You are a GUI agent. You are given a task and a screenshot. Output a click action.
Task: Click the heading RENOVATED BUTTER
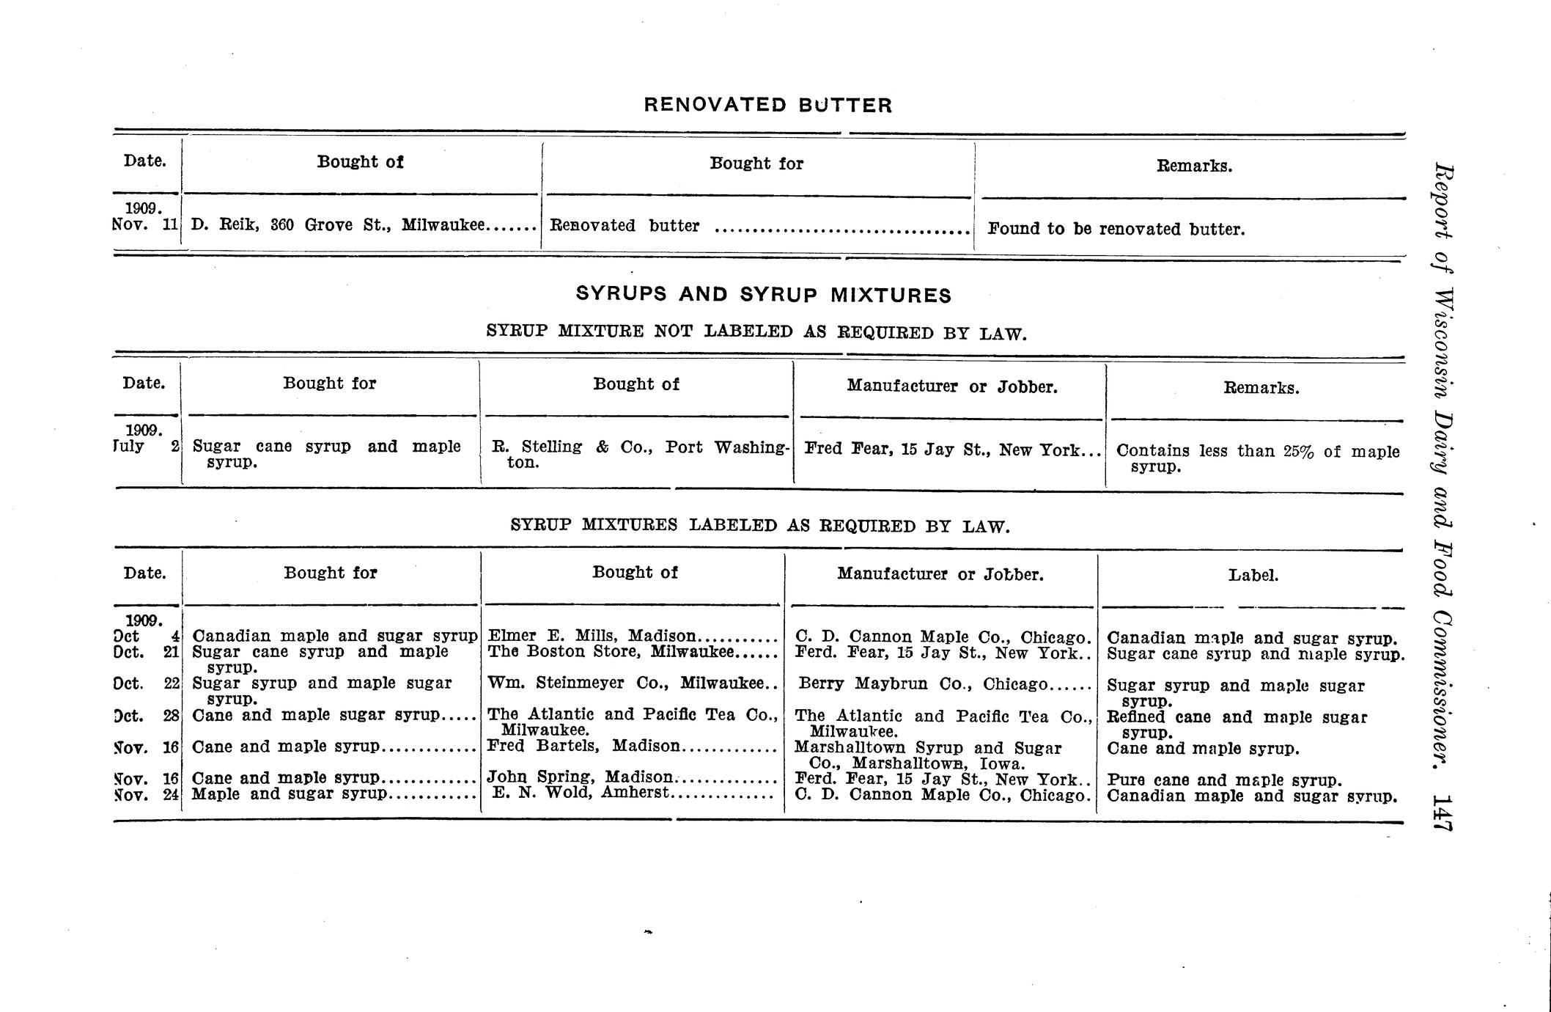[x=767, y=106]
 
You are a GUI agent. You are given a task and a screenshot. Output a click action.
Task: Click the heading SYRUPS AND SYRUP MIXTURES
[x=763, y=295]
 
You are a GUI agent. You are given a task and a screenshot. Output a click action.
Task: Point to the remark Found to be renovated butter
[x=1116, y=229]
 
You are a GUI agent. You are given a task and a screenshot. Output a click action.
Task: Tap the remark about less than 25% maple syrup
[x=1256, y=458]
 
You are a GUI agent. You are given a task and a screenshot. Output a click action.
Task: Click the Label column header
[x=1253, y=576]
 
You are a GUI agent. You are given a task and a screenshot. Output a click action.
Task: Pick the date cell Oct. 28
[x=147, y=715]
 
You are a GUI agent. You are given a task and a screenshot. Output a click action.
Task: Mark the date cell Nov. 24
[x=147, y=793]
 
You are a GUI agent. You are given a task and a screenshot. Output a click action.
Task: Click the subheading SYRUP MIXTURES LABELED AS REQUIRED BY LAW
[x=759, y=526]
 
